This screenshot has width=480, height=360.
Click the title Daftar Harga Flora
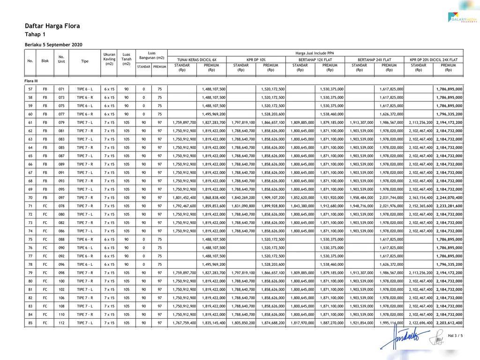(52, 26)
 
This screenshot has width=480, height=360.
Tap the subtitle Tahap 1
(35, 35)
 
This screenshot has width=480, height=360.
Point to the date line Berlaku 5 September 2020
(53, 45)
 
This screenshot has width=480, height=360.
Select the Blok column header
(45, 61)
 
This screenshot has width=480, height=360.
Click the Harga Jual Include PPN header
(315, 53)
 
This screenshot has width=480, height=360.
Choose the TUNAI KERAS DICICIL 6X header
(197, 60)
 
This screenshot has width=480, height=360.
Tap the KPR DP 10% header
(256, 60)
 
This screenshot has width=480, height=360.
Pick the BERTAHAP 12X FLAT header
(315, 60)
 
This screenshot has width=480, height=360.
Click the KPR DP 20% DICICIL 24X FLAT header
(434, 60)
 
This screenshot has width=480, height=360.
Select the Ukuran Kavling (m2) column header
(109, 59)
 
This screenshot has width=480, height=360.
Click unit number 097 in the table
(61, 197)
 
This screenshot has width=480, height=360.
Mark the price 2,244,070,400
(449, 197)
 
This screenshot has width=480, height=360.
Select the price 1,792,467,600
(182, 206)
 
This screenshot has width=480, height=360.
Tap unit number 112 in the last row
(61, 322)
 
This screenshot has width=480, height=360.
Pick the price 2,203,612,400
(449, 322)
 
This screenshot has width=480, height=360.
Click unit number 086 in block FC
(61, 231)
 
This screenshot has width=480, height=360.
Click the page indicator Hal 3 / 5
(455, 336)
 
